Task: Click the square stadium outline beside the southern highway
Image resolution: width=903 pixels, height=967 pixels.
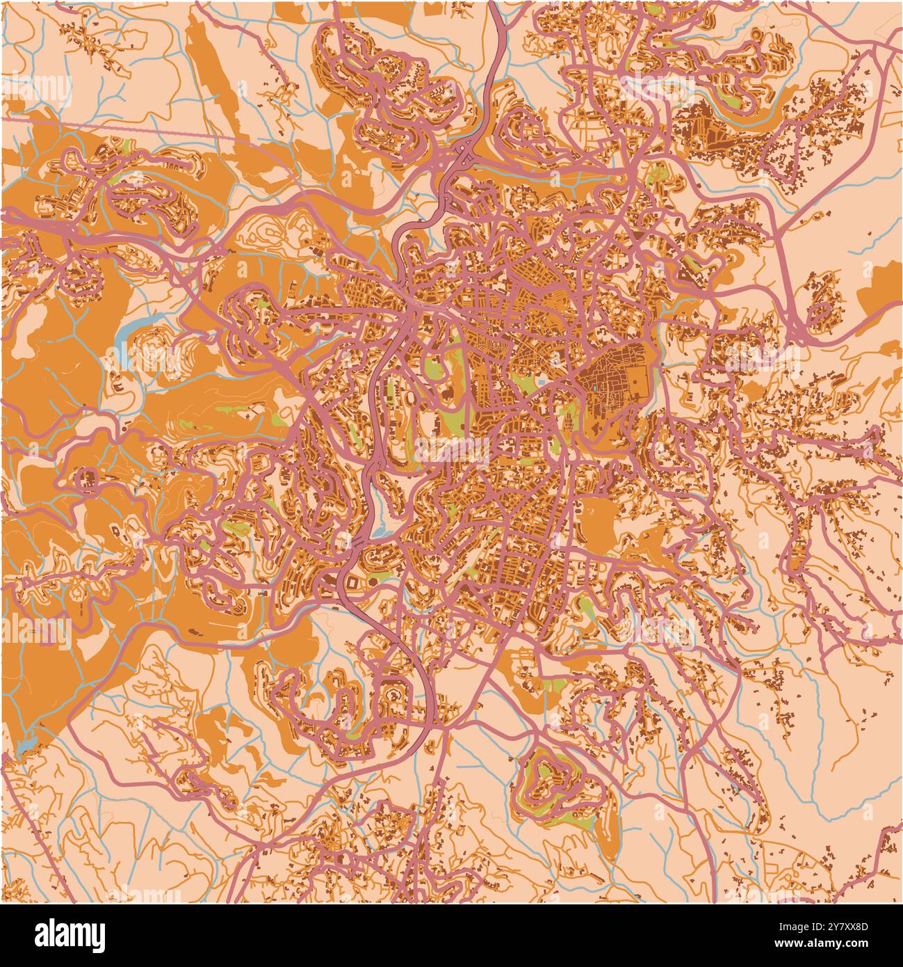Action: point(353,580)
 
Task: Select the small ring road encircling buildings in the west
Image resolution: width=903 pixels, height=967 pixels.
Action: point(88,479)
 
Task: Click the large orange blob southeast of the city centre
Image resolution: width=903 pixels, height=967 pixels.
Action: point(598,518)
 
